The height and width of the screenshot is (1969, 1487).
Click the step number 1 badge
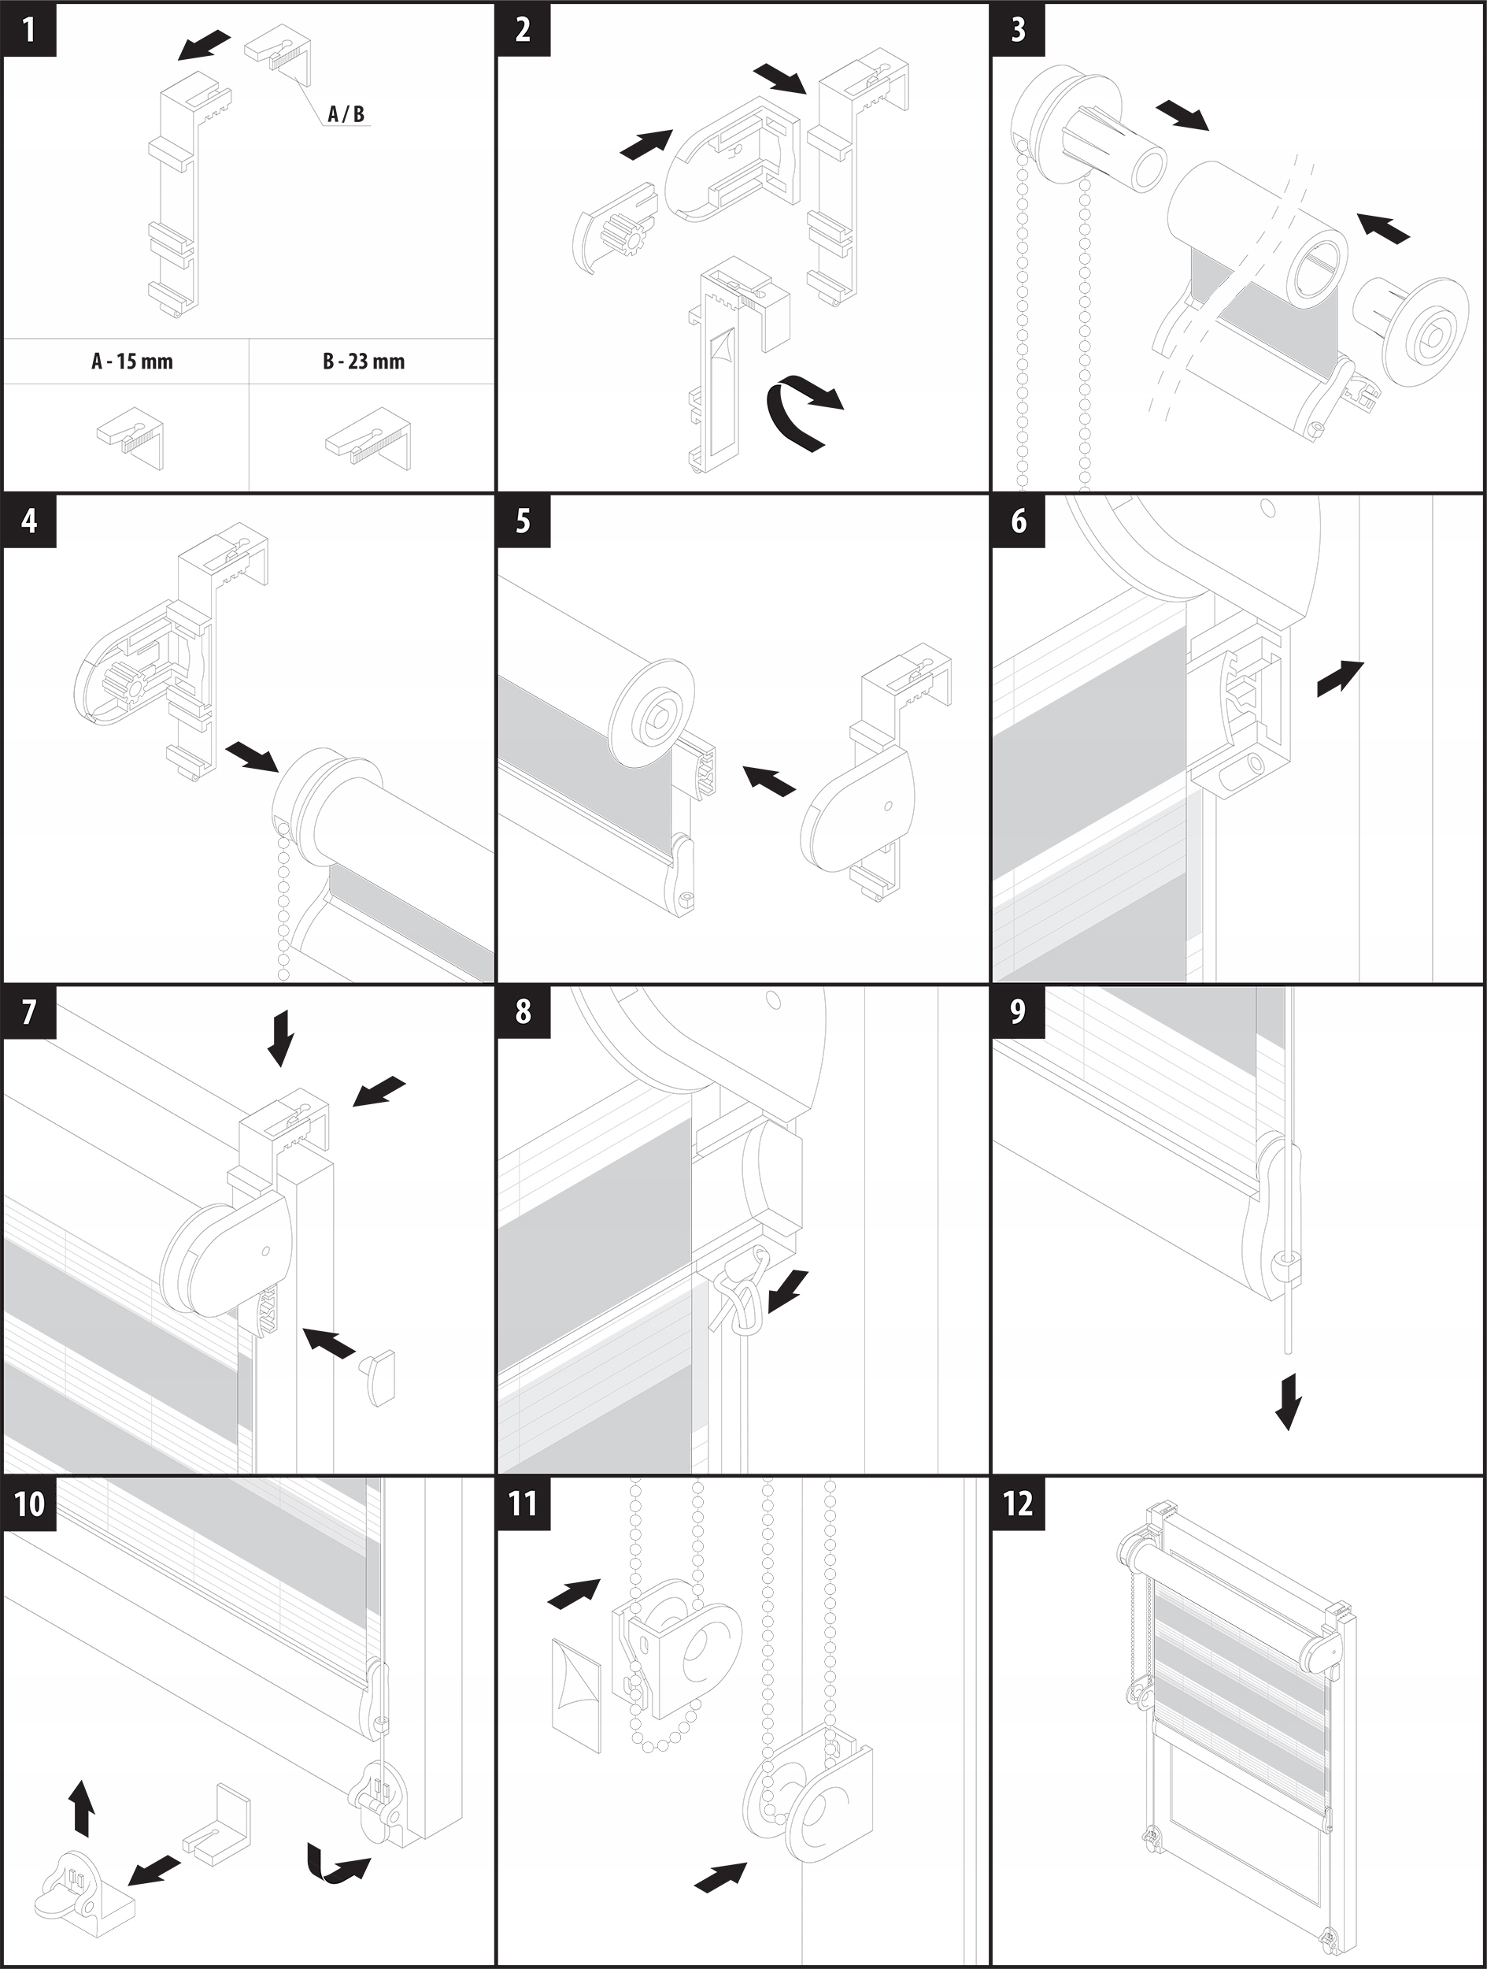coord(29,29)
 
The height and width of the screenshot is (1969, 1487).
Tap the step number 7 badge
coord(29,1012)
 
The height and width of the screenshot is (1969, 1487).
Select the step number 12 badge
coord(1017,1504)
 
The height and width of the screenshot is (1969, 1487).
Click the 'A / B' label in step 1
coord(346,114)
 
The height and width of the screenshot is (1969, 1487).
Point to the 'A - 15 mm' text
coord(131,362)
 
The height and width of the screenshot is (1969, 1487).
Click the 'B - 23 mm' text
coord(363,362)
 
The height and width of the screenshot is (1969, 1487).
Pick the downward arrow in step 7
coord(280,1037)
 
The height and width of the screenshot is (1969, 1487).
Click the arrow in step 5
coord(769,780)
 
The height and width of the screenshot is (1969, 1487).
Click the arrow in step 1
coord(203,46)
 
